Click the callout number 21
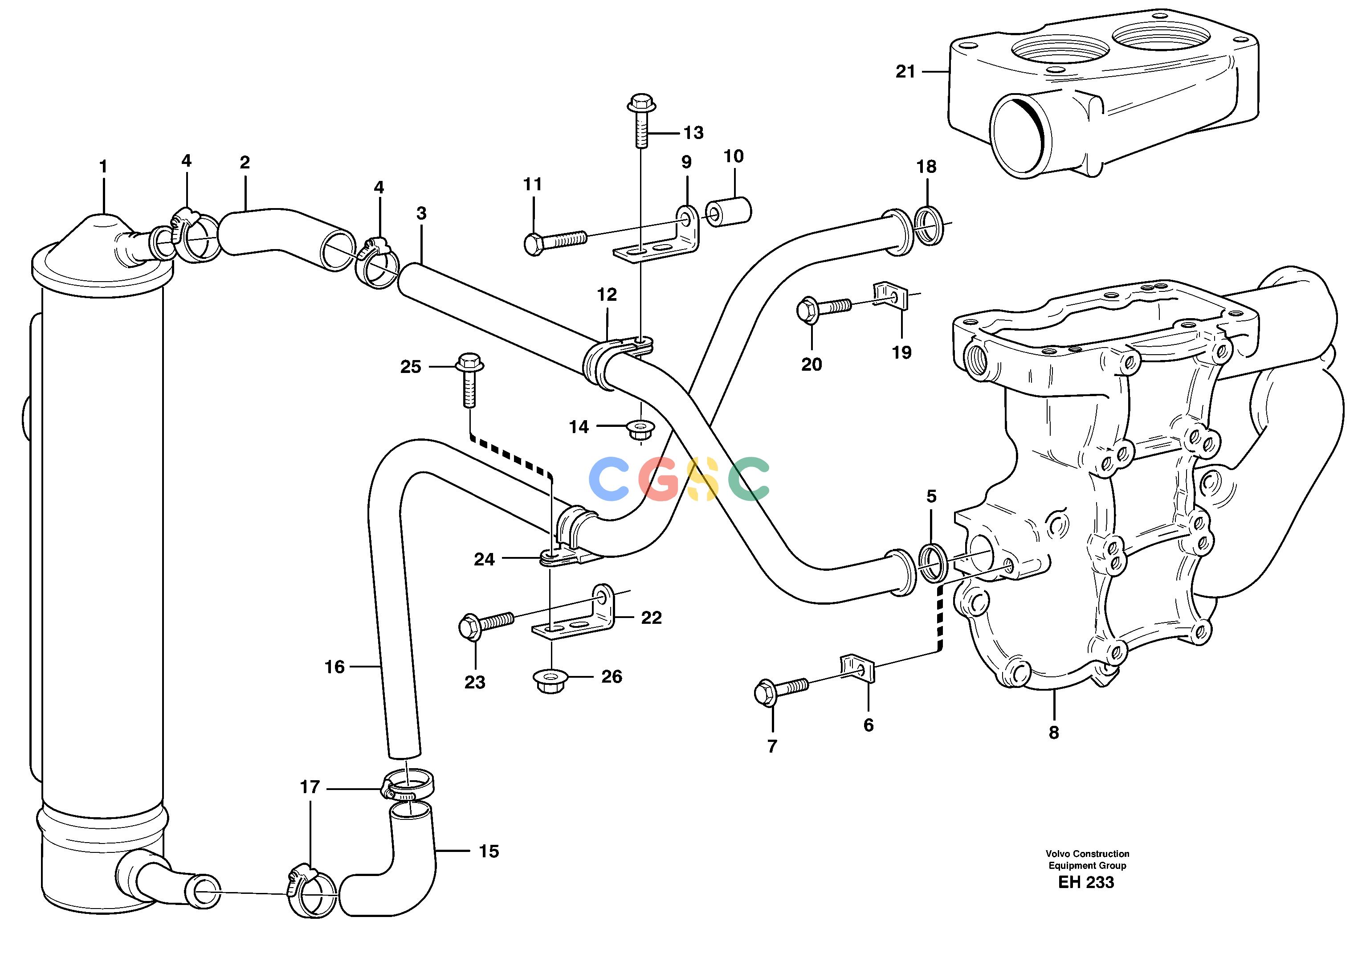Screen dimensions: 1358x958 905,72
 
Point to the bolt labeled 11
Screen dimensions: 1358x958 555,242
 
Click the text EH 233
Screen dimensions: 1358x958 1086,882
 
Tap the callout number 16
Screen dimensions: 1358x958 334,667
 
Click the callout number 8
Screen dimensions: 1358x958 1053,733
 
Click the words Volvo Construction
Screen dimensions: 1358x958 1087,854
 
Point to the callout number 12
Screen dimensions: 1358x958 607,295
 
